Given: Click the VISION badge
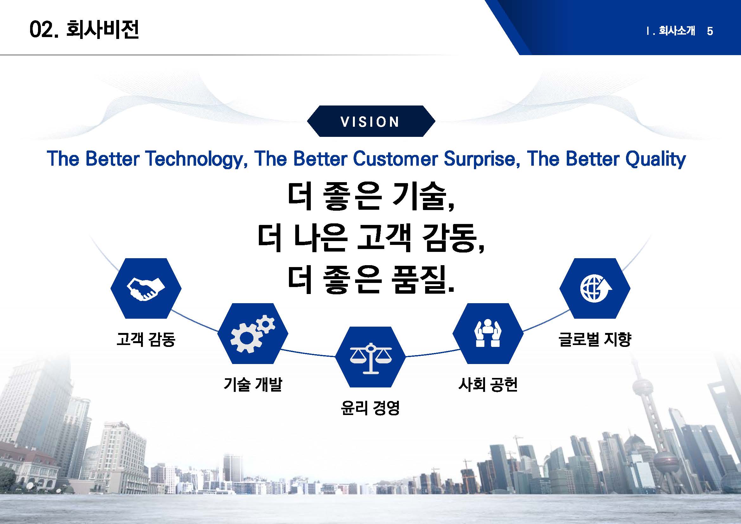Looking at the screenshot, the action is (x=371, y=121).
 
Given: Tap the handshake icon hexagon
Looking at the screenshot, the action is (x=146, y=289).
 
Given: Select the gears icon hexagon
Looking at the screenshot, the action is (x=253, y=334).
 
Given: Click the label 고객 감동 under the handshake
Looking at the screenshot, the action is (x=146, y=339).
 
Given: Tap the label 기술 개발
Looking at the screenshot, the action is (x=253, y=384).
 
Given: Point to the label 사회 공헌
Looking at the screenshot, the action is (x=488, y=384).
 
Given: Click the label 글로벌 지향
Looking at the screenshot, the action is (x=595, y=339).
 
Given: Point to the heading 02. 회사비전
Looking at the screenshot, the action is (x=84, y=30).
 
